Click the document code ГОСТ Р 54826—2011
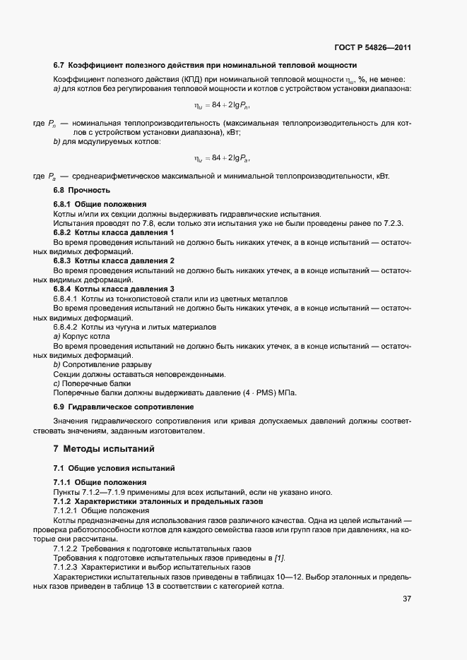pos(372,48)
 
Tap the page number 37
pos(406,599)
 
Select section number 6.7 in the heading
pos(59,66)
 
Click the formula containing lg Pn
pos(222,106)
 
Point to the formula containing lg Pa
pos(222,157)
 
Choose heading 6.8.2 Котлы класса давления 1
pos(113,232)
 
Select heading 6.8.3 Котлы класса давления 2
pos(113,260)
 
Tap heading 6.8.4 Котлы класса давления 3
pos(113,289)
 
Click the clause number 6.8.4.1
pos(65,299)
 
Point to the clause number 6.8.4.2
pos(65,327)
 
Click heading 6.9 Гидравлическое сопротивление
pos(124,407)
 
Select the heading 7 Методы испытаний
pos(103,449)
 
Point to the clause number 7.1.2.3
pos(65,568)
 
